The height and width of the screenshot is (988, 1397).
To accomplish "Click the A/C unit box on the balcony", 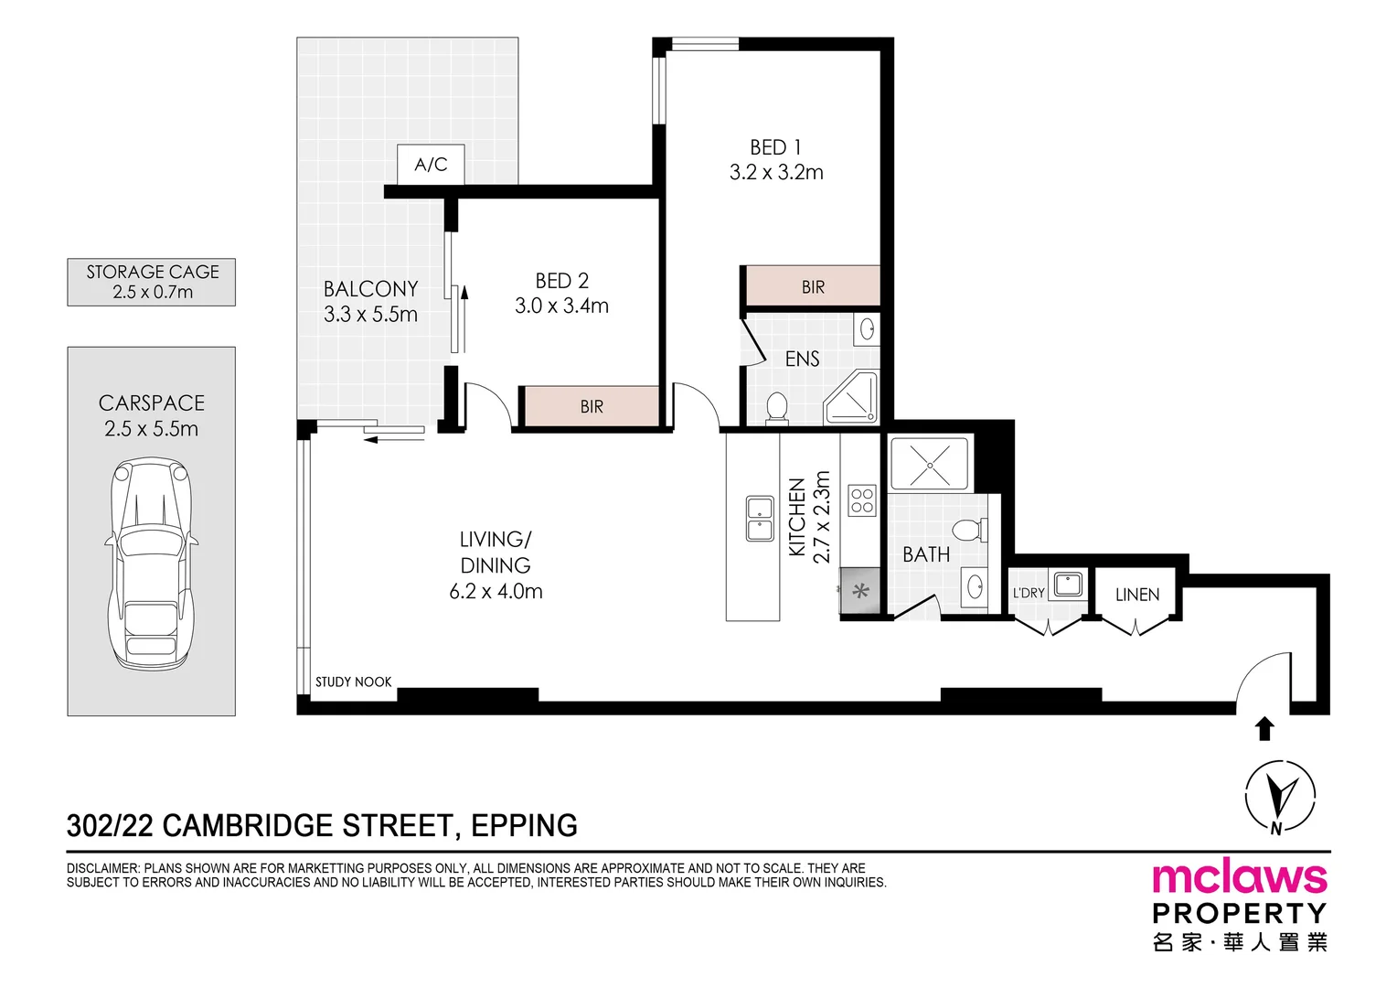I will (x=431, y=165).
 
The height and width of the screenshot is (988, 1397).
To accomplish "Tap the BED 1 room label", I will (x=775, y=148).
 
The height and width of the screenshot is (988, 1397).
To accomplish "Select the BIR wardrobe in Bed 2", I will (x=592, y=406).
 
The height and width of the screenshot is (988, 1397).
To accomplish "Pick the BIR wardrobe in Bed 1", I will (x=813, y=286).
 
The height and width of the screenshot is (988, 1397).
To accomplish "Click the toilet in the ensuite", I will (x=776, y=407).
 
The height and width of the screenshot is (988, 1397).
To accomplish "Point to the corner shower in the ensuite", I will (x=852, y=399).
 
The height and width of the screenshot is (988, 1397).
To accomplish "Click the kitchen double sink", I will (x=759, y=519).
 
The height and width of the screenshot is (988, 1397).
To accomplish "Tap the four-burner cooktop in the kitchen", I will (x=862, y=500).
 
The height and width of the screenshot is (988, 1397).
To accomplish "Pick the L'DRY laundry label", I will (x=1029, y=593).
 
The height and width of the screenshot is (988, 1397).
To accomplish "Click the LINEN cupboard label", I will (x=1136, y=595).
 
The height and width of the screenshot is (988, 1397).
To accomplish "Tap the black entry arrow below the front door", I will (x=1264, y=728).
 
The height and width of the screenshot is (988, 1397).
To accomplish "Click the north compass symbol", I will (x=1280, y=797).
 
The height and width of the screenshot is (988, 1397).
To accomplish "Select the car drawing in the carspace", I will (x=152, y=564).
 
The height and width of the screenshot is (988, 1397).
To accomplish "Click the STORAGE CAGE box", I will (x=152, y=282).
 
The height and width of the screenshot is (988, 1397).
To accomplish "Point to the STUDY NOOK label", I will (x=353, y=682).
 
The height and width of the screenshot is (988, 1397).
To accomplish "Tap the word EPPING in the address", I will (x=524, y=826).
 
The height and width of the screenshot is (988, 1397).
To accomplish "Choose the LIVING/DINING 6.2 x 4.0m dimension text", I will (x=496, y=592).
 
